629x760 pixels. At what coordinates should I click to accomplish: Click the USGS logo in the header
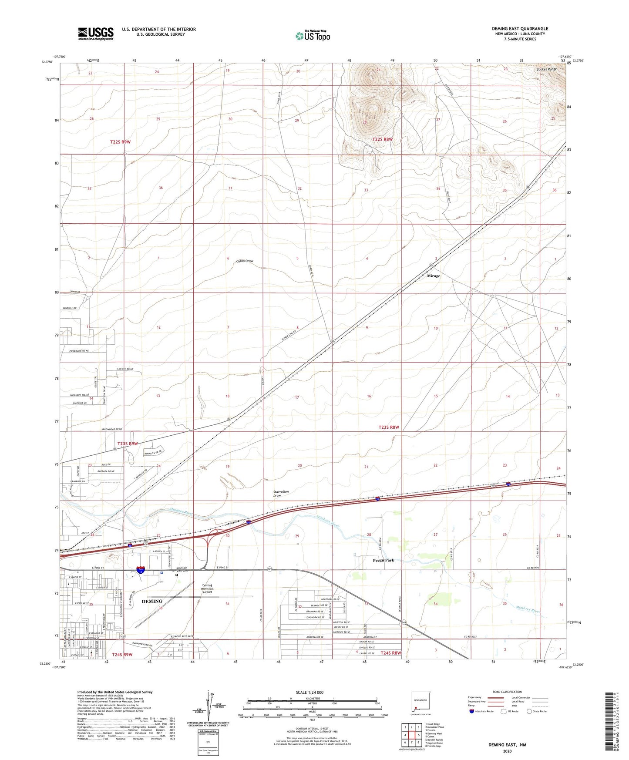96,33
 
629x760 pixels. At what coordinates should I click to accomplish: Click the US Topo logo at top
313,36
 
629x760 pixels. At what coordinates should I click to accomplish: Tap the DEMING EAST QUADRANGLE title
520,29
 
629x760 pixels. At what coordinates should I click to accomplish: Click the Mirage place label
433,276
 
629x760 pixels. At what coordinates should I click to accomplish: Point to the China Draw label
244,261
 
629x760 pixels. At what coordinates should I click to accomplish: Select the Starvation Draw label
281,494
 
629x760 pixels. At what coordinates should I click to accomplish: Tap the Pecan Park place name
383,560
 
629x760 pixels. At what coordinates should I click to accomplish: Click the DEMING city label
152,601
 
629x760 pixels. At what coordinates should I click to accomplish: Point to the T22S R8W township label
383,139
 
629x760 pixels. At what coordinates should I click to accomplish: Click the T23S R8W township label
388,427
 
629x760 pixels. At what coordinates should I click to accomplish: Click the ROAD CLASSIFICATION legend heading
507,692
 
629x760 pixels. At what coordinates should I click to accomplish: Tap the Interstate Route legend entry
481,711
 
